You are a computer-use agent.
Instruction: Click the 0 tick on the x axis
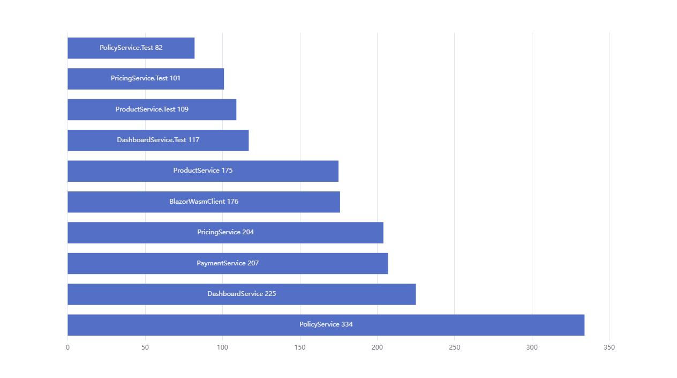pos(67,347)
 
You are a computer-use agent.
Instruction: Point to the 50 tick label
pos(145,347)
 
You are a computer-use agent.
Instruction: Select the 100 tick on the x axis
pos(222,347)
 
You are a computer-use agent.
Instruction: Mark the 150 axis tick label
pos(300,347)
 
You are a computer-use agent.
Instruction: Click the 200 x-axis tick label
pos(377,347)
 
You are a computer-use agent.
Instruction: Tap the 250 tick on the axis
pos(455,347)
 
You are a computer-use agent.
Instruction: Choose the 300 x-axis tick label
pos(532,347)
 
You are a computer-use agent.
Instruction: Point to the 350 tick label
pos(609,347)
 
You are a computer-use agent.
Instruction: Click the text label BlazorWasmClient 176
pos(204,202)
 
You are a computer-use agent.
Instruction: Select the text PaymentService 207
pos(228,263)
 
